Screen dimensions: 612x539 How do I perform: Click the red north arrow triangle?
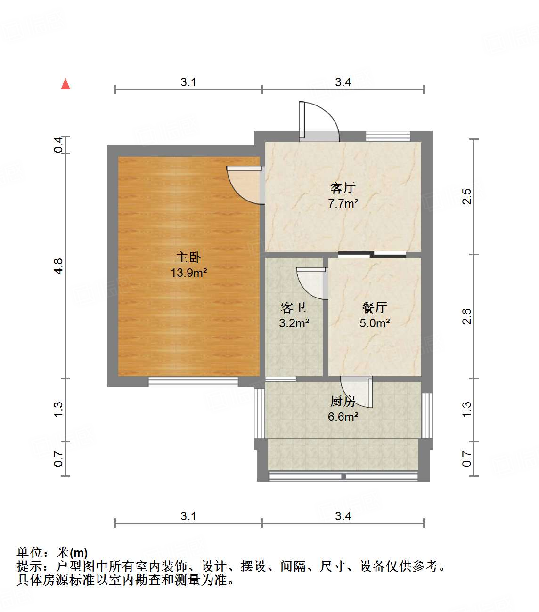65,84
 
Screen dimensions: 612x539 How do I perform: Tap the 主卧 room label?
188,257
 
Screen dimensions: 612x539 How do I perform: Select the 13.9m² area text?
189,273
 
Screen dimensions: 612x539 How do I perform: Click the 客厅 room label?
343,188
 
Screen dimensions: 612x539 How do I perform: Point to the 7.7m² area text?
343,204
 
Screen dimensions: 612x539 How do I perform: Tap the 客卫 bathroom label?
294,308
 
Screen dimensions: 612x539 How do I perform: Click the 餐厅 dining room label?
375,307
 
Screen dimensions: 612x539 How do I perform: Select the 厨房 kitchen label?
343,401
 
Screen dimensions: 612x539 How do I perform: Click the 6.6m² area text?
343,417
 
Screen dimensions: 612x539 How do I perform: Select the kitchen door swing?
357,392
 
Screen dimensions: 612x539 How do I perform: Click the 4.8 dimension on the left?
58,266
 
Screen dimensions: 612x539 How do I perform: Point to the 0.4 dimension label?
58,145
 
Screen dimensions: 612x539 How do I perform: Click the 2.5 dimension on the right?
466,196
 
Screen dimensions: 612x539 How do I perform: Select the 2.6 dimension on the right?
466,316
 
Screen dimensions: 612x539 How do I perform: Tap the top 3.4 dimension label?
343,82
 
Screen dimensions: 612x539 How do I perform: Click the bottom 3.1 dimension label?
188,516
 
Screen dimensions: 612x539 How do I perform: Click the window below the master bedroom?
193,382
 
